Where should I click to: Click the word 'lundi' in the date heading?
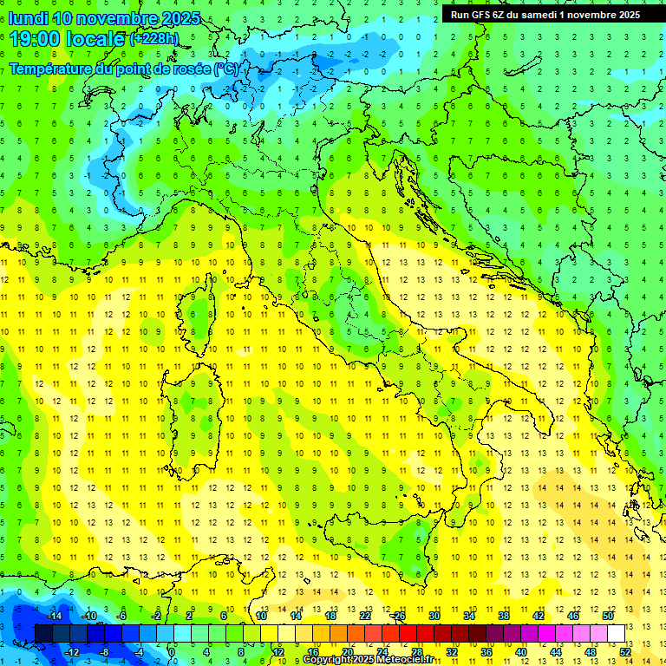(28, 17)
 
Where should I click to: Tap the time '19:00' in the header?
(32, 39)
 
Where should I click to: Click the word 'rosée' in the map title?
(188, 69)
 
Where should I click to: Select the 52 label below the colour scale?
(624, 651)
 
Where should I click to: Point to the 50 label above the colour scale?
(608, 616)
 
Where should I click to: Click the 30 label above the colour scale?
(434, 616)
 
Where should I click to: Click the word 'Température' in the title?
(52, 69)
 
